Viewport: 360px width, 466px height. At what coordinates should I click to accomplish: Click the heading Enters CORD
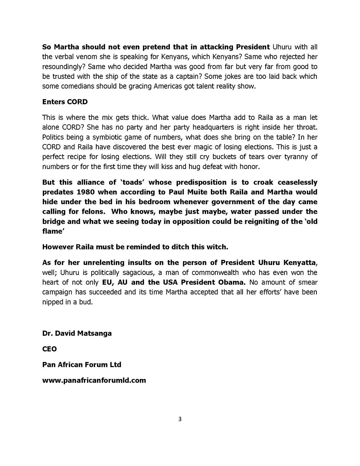coord(65,102)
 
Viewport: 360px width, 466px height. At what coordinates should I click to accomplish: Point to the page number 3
coord(180,419)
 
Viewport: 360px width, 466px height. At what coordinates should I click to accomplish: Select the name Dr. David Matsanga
coord(77,333)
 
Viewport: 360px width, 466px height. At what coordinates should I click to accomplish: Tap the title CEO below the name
coord(49,349)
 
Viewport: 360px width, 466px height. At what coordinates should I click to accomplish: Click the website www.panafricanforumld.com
coord(94,381)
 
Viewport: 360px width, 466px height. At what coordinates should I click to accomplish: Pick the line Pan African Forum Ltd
coord(82,365)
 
